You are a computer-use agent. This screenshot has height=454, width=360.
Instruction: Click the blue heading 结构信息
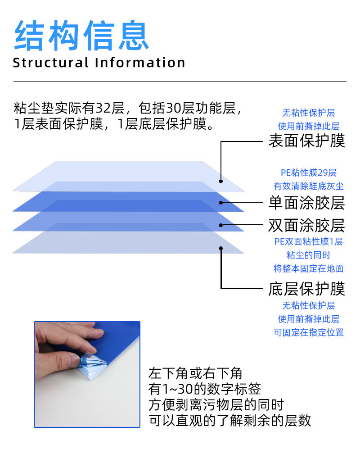tap(81, 35)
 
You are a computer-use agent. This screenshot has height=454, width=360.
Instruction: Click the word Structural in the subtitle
tap(51, 63)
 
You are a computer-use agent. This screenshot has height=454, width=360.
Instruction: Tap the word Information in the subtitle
tap(140, 63)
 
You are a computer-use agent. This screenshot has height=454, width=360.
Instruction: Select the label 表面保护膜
tap(307, 141)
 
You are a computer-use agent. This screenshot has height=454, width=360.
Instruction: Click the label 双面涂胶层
tap(307, 225)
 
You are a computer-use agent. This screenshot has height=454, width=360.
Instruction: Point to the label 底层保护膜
tap(307, 289)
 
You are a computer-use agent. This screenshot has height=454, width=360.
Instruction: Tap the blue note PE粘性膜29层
tap(309, 173)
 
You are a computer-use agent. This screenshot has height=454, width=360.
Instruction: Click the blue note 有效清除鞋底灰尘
tap(309, 186)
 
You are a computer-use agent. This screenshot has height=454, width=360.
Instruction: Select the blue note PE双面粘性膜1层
tap(309, 241)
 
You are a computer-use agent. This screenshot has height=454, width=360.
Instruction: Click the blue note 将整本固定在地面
tap(309, 268)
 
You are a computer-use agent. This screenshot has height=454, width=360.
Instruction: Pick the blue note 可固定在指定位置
tap(309, 332)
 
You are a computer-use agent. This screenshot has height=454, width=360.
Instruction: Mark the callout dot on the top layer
tap(221, 181)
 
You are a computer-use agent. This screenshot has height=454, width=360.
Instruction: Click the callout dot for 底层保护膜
tap(221, 248)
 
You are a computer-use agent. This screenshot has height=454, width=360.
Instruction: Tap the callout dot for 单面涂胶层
tap(221, 203)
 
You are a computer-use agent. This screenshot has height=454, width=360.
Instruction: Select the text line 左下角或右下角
tap(195, 373)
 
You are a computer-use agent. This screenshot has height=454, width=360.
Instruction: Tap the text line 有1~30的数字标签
tap(205, 389)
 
